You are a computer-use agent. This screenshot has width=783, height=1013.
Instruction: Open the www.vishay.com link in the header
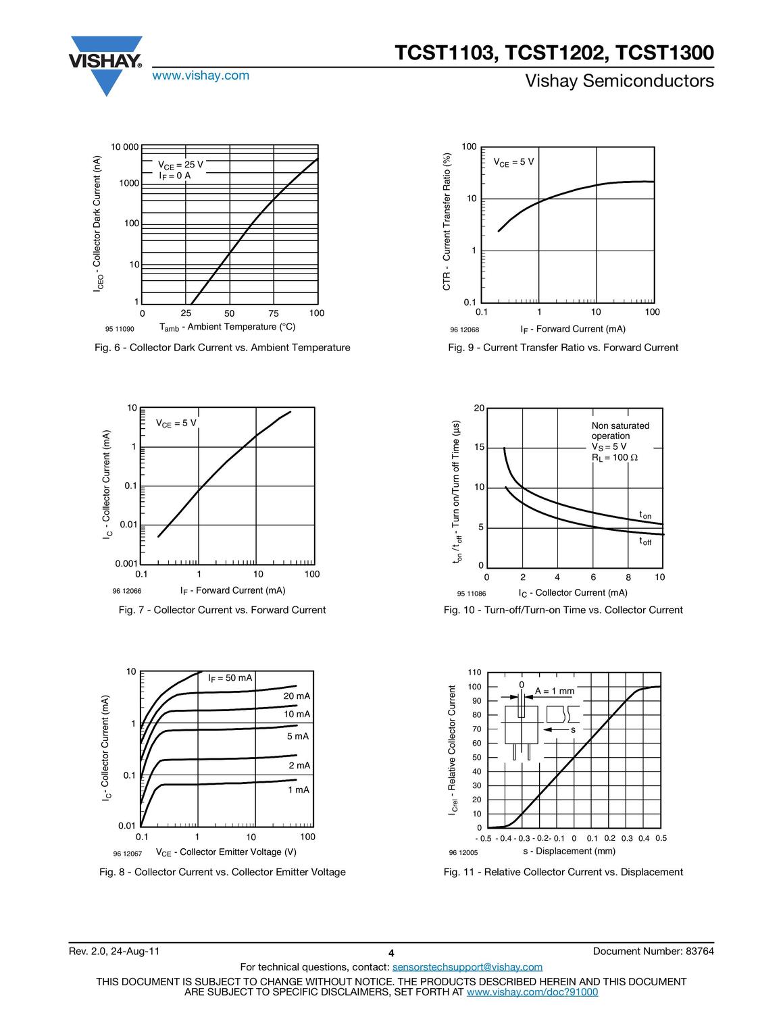point(201,76)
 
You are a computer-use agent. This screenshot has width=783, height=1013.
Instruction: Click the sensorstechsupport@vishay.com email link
point(467,967)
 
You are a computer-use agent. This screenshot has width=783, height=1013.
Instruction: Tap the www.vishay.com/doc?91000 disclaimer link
point(532,992)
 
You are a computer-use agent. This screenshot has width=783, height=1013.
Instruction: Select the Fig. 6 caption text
point(223,348)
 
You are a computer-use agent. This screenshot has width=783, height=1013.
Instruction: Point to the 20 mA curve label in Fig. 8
point(297,696)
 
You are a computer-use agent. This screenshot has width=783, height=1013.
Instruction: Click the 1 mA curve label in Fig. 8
point(298,789)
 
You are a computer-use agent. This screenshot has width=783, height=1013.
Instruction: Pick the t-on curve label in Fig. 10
point(645,516)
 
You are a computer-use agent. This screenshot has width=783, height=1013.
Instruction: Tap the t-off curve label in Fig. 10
point(645,541)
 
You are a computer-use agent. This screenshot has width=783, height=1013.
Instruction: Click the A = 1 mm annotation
point(554,691)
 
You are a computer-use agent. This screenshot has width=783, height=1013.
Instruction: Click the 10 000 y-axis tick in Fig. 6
point(125,147)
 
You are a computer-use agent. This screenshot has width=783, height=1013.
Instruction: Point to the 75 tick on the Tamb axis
point(273,313)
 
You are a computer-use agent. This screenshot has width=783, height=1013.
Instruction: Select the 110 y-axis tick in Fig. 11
point(474,673)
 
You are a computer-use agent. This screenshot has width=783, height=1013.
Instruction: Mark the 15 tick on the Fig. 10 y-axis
point(479,448)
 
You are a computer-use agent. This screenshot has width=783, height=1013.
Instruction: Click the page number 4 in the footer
point(391,953)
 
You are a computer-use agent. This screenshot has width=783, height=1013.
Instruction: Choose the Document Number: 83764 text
point(653,952)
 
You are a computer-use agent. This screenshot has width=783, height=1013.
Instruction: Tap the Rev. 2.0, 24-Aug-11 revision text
point(114,952)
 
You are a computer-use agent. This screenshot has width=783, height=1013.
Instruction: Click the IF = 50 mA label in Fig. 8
point(230,678)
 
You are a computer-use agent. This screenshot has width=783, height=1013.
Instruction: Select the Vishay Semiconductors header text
point(619,82)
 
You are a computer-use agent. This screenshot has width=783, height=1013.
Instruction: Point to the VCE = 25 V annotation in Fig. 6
point(180,165)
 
